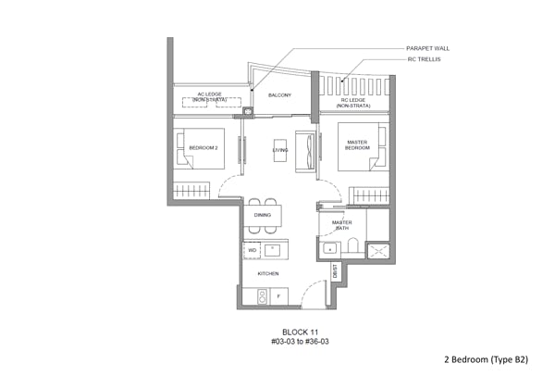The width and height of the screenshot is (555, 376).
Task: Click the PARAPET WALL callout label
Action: coord(427,48)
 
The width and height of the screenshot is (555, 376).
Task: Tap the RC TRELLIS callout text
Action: coord(424,59)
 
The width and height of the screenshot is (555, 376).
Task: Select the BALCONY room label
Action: coord(279,95)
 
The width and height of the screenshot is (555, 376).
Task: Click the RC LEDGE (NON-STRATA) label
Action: coord(353,103)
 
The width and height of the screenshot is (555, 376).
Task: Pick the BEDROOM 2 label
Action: coord(203,148)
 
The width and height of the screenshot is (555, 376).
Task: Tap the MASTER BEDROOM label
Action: coord(357,145)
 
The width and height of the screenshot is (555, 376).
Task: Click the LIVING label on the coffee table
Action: coord(280,150)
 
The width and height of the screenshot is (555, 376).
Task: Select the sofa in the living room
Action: coord(305,152)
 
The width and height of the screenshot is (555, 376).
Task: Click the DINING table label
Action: coord(263,215)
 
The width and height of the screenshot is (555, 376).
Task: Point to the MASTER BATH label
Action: coord(342,225)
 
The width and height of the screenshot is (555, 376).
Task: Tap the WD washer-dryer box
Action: coord(252,251)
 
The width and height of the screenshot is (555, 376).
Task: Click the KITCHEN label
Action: coord(268,273)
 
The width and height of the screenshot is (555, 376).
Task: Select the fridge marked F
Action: coord(279,296)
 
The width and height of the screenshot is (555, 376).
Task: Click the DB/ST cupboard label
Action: coord(335,271)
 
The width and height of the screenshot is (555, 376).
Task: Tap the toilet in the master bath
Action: coord(353,245)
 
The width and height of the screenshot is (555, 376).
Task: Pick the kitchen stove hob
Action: coord(263,297)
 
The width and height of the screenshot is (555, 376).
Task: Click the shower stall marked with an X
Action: coord(378,251)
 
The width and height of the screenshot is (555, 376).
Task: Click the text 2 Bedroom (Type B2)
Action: coord(486,359)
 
